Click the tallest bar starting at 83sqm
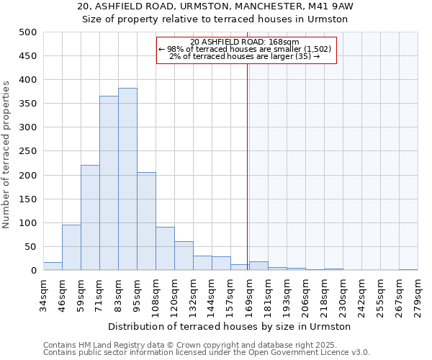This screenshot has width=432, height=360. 127,179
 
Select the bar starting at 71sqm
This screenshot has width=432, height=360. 109,183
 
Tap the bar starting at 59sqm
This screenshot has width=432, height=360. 90,217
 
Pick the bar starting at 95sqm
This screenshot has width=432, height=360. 146,221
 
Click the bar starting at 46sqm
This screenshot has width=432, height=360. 71,248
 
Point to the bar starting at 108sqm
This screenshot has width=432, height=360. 165,249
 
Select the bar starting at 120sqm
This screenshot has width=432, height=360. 184,256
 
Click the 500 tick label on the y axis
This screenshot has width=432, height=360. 28,32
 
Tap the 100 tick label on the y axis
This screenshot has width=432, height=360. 28,223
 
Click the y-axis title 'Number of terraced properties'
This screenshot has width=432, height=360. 7,155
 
